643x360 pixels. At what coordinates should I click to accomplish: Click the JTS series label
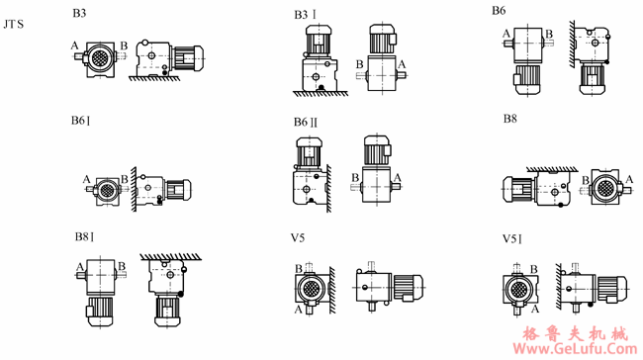point(14,24)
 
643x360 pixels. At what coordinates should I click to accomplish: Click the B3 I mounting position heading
point(305,15)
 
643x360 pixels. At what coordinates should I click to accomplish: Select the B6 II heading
point(306,123)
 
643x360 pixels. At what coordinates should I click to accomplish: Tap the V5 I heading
point(512,238)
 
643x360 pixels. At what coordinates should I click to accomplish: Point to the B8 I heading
point(84,237)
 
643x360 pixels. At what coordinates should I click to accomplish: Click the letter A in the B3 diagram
point(74,45)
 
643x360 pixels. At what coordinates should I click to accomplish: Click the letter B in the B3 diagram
point(124,45)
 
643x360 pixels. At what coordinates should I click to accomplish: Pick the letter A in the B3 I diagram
point(402,64)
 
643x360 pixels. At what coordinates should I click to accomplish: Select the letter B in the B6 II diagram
point(355,178)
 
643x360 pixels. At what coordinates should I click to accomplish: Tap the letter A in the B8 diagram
point(629,179)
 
